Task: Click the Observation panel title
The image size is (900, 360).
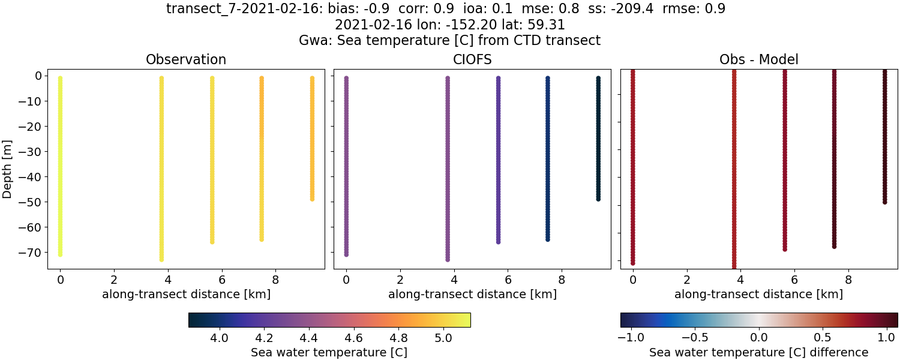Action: [186, 60]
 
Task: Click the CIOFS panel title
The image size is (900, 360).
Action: [472, 60]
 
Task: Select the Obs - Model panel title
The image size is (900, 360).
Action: [758, 60]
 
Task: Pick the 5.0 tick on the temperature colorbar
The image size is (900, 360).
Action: [443, 338]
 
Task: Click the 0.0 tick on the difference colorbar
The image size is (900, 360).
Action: [760, 338]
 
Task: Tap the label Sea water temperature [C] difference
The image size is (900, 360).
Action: [758, 352]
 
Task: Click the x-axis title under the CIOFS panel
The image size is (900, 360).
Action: [472, 295]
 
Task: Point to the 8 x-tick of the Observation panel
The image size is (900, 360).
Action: [275, 280]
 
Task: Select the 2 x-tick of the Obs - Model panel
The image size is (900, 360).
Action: [686, 280]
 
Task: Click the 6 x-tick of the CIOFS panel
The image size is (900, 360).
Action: [508, 280]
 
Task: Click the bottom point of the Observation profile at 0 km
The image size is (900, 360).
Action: [60, 254]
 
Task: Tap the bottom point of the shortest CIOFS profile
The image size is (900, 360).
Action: [598, 199]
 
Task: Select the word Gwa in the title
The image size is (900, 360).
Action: [311, 41]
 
